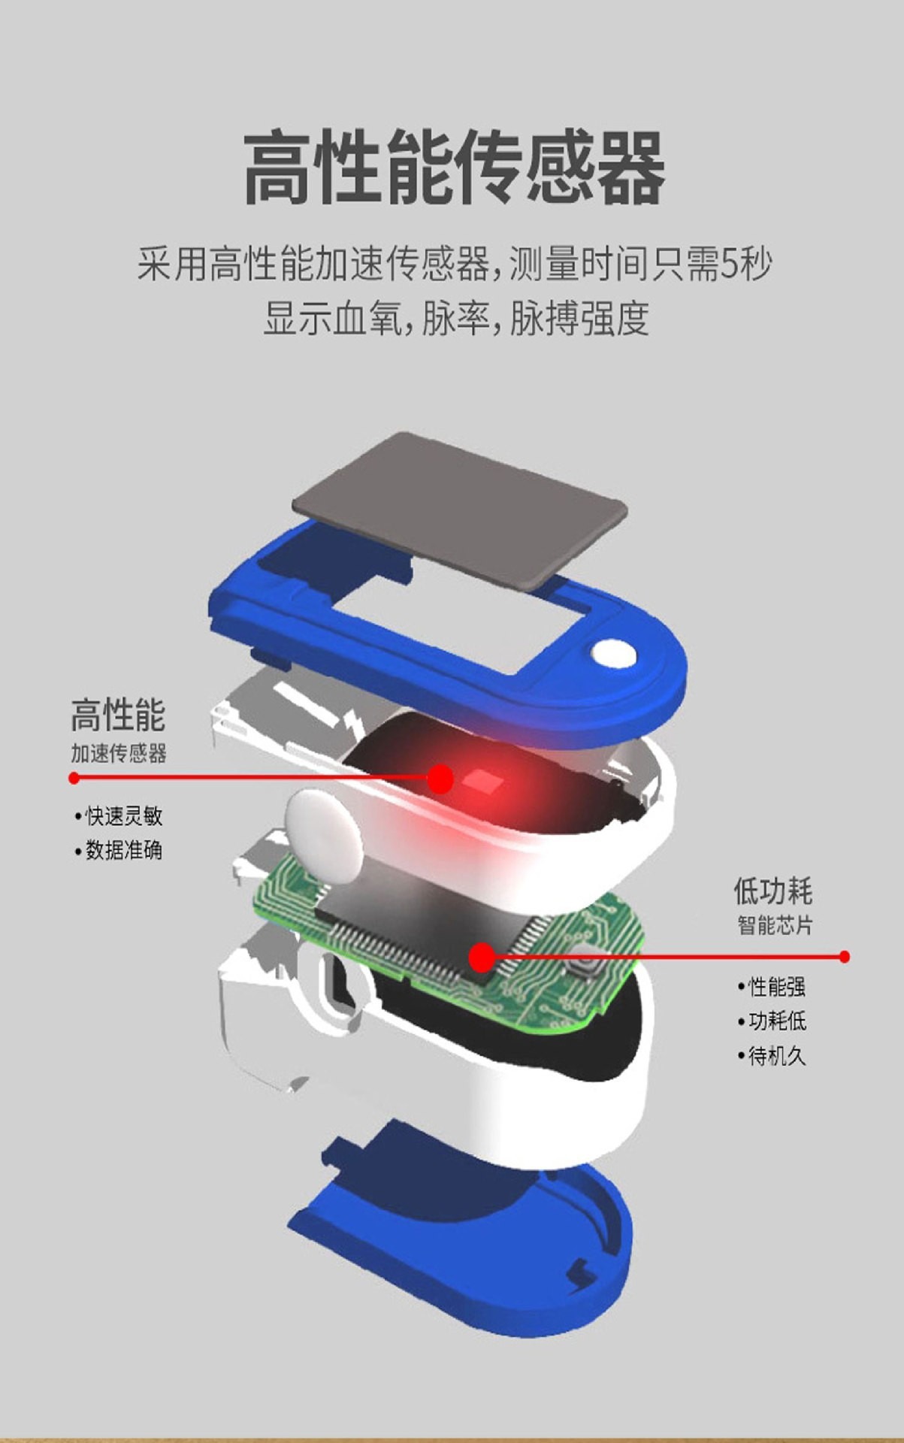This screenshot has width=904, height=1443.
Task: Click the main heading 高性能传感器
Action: [454, 167]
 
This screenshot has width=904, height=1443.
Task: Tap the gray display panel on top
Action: [460, 508]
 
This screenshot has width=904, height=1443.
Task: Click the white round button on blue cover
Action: [613, 653]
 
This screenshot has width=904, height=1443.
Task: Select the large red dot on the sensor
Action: [440, 779]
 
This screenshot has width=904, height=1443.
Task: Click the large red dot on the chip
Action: [481, 957]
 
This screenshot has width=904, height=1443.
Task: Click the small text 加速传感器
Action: [119, 753]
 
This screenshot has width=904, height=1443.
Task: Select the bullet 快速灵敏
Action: [119, 815]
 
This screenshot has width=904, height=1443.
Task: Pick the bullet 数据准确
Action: [119, 850]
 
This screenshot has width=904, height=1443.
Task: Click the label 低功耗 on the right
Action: [773, 891]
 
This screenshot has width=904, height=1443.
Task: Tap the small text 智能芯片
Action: [775, 925]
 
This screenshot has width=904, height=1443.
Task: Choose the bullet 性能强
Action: [772, 986]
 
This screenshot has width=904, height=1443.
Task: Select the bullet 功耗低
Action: [772, 1021]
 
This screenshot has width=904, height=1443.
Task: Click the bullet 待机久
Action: [772, 1056]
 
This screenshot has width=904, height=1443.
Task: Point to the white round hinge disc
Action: [324, 834]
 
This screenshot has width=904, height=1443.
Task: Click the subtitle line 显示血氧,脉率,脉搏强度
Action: [456, 319]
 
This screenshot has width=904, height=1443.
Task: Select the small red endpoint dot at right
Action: [845, 957]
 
